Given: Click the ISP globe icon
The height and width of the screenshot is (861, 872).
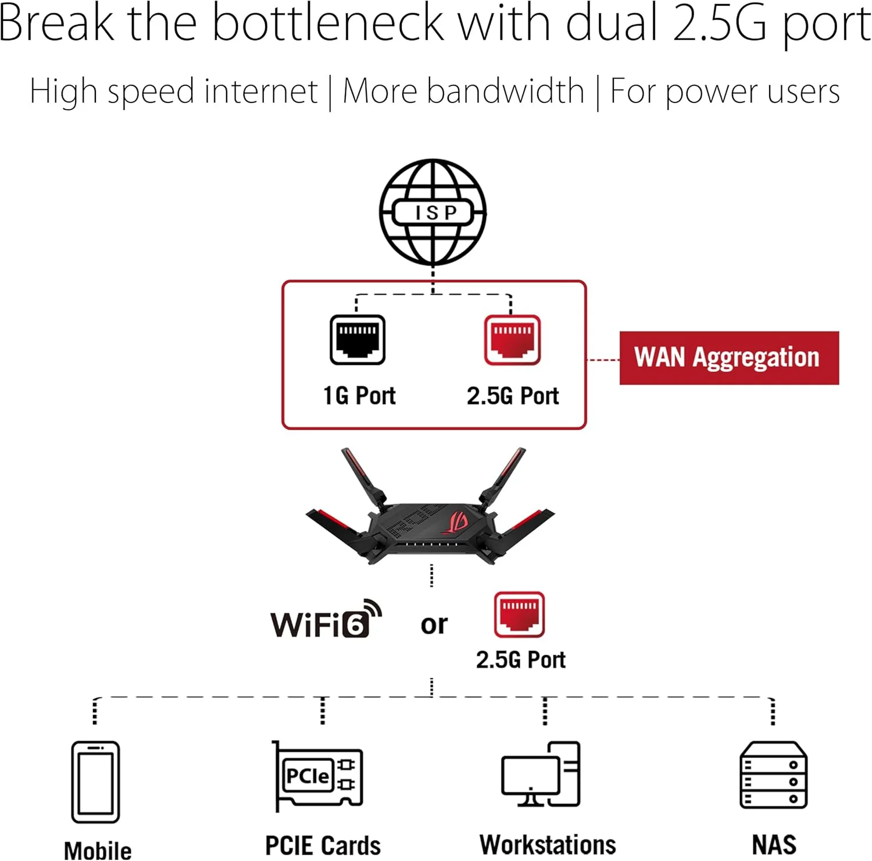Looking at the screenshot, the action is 433,212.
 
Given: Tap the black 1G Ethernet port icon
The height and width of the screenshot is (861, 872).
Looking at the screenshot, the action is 358,340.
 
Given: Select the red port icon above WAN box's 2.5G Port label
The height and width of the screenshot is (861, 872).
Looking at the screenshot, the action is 512,340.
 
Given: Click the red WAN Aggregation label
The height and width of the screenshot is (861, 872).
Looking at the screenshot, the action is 729,358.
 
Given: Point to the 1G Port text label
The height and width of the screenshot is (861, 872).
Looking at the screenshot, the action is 359,396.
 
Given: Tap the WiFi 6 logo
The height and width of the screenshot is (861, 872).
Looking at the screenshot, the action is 326,619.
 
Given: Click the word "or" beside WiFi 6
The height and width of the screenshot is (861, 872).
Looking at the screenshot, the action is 434,625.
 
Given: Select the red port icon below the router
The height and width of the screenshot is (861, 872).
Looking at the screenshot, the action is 519,615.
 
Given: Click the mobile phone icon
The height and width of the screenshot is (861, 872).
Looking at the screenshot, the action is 95,782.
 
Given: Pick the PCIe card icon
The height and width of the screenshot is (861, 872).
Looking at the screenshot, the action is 317,776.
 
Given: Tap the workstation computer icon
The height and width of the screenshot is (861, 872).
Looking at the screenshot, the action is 541,774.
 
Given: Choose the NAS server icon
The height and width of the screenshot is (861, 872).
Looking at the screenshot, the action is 773,775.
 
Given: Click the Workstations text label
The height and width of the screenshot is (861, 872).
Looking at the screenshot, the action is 548,845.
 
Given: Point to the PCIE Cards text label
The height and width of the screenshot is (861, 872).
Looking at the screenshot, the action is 323,845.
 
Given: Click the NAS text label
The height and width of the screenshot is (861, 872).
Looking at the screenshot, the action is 774,845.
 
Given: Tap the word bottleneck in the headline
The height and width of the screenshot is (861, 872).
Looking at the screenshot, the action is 328,23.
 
